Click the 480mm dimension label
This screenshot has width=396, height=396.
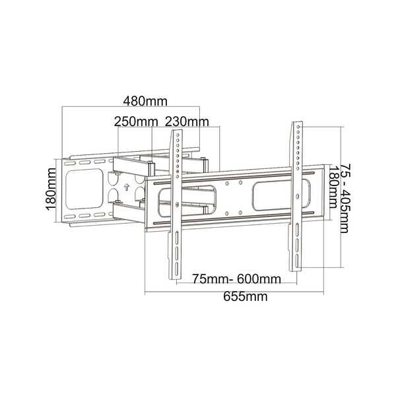click(145, 101)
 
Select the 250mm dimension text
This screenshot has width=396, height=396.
click(136, 121)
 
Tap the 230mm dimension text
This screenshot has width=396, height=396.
click(187, 121)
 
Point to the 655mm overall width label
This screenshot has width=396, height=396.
click(246, 296)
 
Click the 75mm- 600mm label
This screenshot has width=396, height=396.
click(237, 279)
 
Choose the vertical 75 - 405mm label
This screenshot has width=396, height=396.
click(345, 199)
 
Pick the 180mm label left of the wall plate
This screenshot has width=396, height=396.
click(51, 189)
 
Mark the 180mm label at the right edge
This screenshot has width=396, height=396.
click(333, 187)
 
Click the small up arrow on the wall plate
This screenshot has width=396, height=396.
click(127, 187)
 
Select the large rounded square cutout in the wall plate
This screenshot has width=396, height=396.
click(84, 189)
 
